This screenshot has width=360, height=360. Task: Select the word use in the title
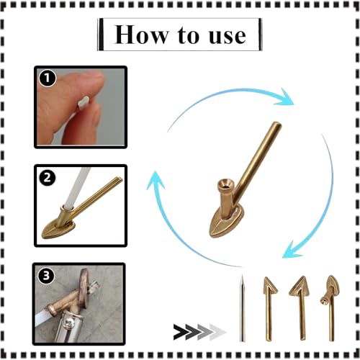[x=228, y=36]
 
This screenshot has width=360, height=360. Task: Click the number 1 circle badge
[x=48, y=78]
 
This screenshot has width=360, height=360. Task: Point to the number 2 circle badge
[x=48, y=178]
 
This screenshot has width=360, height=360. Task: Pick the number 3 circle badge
[x=46, y=276]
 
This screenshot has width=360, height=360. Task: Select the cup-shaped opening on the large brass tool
[x=225, y=185]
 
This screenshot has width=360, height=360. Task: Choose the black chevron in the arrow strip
[x=183, y=332]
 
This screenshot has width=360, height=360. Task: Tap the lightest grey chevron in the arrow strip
[x=218, y=332]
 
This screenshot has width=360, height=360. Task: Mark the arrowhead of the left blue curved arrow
[x=156, y=180]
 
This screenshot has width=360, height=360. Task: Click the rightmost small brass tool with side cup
[x=331, y=308]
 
